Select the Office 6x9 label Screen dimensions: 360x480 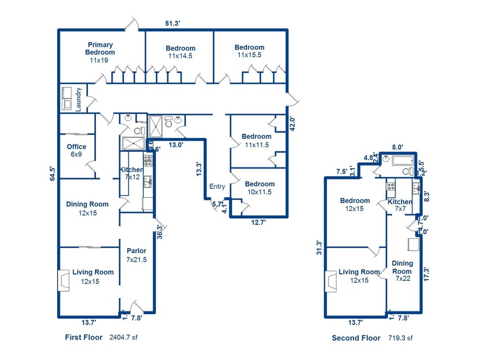[77, 151]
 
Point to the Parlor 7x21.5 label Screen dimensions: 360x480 [137, 255]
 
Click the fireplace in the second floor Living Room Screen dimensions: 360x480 [329, 280]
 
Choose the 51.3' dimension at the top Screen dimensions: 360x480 [173, 23]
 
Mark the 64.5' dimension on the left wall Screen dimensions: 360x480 [53, 173]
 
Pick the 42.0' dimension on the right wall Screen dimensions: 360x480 [293, 124]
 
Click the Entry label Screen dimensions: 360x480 [217, 187]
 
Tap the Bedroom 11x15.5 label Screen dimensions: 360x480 [249, 51]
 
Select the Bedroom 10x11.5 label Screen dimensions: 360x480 [259, 188]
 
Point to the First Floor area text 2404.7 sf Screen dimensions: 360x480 [123, 338]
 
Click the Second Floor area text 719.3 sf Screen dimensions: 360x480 [401, 338]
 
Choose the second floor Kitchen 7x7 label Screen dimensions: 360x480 [399, 206]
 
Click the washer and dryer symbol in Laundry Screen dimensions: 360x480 [66, 99]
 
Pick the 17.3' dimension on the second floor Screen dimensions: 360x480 [426, 274]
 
